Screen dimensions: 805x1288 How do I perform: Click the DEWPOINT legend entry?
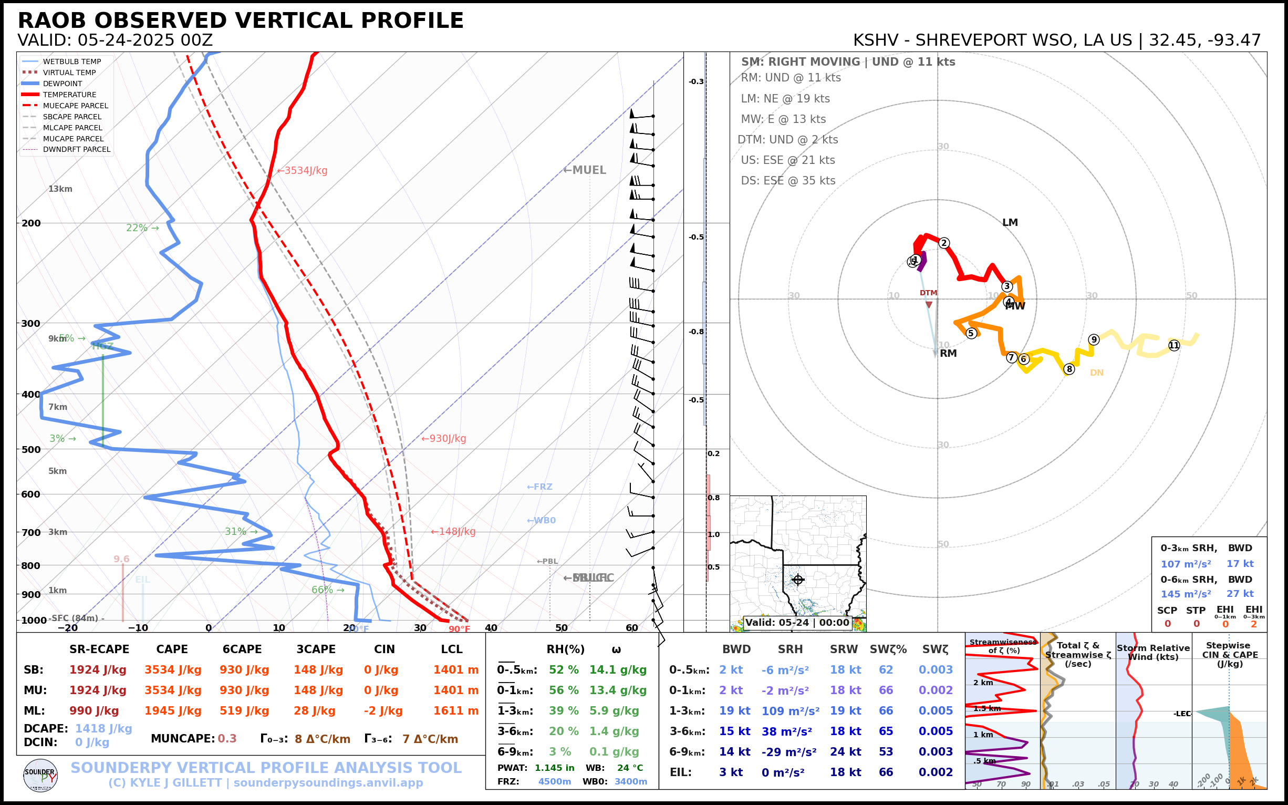click(x=63, y=84)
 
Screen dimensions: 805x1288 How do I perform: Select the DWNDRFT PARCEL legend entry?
click(x=76, y=150)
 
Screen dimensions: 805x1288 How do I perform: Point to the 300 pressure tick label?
click(x=31, y=323)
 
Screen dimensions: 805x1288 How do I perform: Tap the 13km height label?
click(x=60, y=189)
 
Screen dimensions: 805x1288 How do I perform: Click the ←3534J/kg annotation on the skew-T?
click(x=303, y=171)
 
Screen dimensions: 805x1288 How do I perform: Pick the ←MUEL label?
click(x=585, y=170)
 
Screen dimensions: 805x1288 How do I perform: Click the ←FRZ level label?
click(x=539, y=487)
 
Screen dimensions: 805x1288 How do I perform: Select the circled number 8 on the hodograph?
click(x=1069, y=369)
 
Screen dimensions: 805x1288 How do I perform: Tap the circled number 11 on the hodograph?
click(x=1174, y=346)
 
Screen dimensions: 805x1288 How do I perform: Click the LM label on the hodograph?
click(x=1010, y=223)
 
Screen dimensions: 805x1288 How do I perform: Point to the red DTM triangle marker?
click(x=929, y=305)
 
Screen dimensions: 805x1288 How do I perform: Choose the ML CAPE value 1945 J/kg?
click(x=172, y=711)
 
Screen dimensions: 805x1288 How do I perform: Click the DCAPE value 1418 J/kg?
click(x=103, y=728)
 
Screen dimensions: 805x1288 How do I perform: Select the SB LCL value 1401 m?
click(x=455, y=670)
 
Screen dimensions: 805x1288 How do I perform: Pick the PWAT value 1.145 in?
click(x=555, y=768)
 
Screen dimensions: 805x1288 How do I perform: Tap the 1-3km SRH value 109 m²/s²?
click(x=790, y=711)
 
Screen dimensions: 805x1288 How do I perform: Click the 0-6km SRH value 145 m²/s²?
click(x=1186, y=594)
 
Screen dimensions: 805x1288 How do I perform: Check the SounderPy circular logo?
click(x=40, y=775)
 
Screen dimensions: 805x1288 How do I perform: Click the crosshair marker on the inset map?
click(x=797, y=579)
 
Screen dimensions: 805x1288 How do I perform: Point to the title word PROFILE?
click(x=412, y=21)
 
